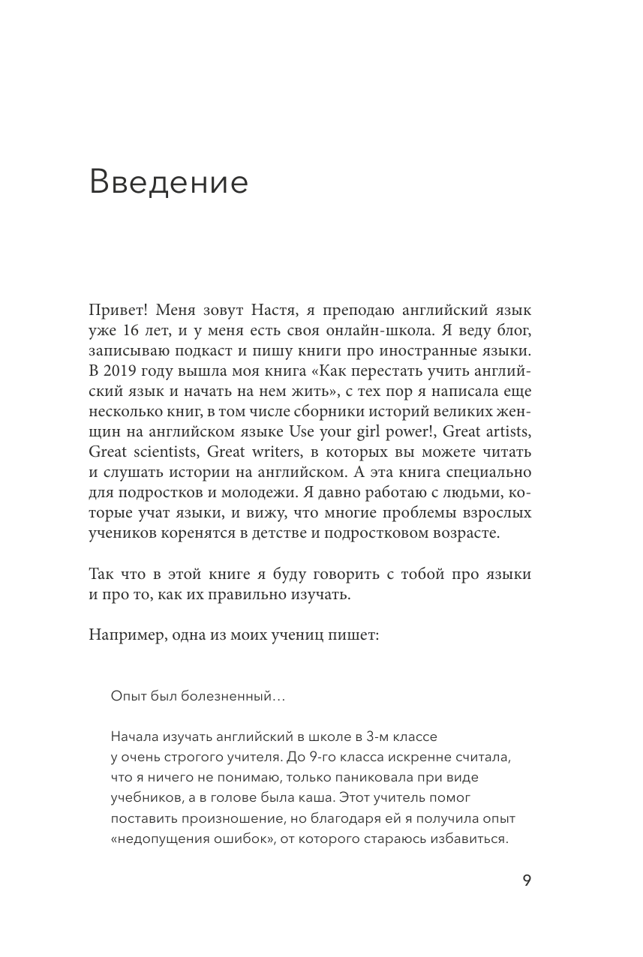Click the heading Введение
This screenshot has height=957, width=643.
click(x=168, y=183)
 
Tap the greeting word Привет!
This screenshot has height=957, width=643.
click(x=119, y=309)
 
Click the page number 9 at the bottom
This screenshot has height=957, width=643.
click(x=526, y=881)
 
